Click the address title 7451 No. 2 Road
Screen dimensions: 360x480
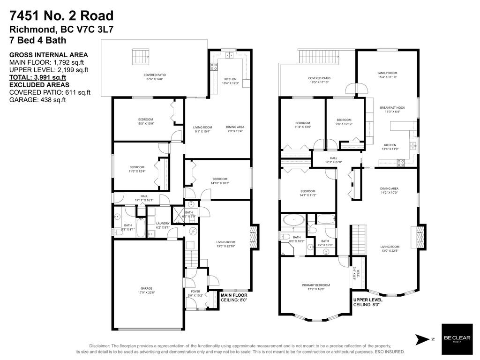click(x=61, y=16)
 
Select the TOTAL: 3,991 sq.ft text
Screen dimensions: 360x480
click(x=38, y=77)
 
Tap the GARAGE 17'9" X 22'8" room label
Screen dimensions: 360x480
click(x=146, y=291)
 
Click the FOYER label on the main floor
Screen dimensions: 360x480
click(x=195, y=293)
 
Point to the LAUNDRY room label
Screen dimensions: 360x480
click(x=162, y=225)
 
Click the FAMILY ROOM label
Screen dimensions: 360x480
click(x=387, y=75)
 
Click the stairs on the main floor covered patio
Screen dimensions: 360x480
click(x=140, y=58)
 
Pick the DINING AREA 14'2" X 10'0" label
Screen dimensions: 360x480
click(x=389, y=190)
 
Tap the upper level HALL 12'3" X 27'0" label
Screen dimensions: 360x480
click(x=334, y=160)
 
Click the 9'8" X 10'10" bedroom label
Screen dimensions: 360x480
click(x=344, y=121)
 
